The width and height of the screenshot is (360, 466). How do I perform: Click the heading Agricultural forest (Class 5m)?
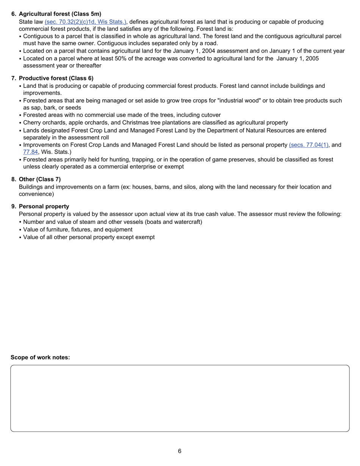coord(60,14)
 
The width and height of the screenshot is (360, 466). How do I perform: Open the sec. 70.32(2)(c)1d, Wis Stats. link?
coord(85,22)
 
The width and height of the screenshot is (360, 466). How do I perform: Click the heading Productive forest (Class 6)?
coord(56,78)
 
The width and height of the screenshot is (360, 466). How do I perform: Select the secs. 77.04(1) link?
coord(308,145)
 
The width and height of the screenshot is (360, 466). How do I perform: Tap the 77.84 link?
coord(30,152)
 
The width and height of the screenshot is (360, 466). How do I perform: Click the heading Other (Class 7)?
coord(40,179)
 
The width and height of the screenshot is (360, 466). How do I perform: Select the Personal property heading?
coord(44,206)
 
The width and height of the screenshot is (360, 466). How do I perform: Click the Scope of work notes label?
coord(40,357)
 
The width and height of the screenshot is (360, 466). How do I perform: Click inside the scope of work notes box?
coord(180,398)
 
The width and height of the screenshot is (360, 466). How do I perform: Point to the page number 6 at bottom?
coord(180,451)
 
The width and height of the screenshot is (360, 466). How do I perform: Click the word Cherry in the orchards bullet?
coord(32,123)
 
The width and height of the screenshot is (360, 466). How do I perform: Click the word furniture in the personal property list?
coord(54,230)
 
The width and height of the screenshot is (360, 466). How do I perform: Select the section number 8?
coord(14,179)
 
